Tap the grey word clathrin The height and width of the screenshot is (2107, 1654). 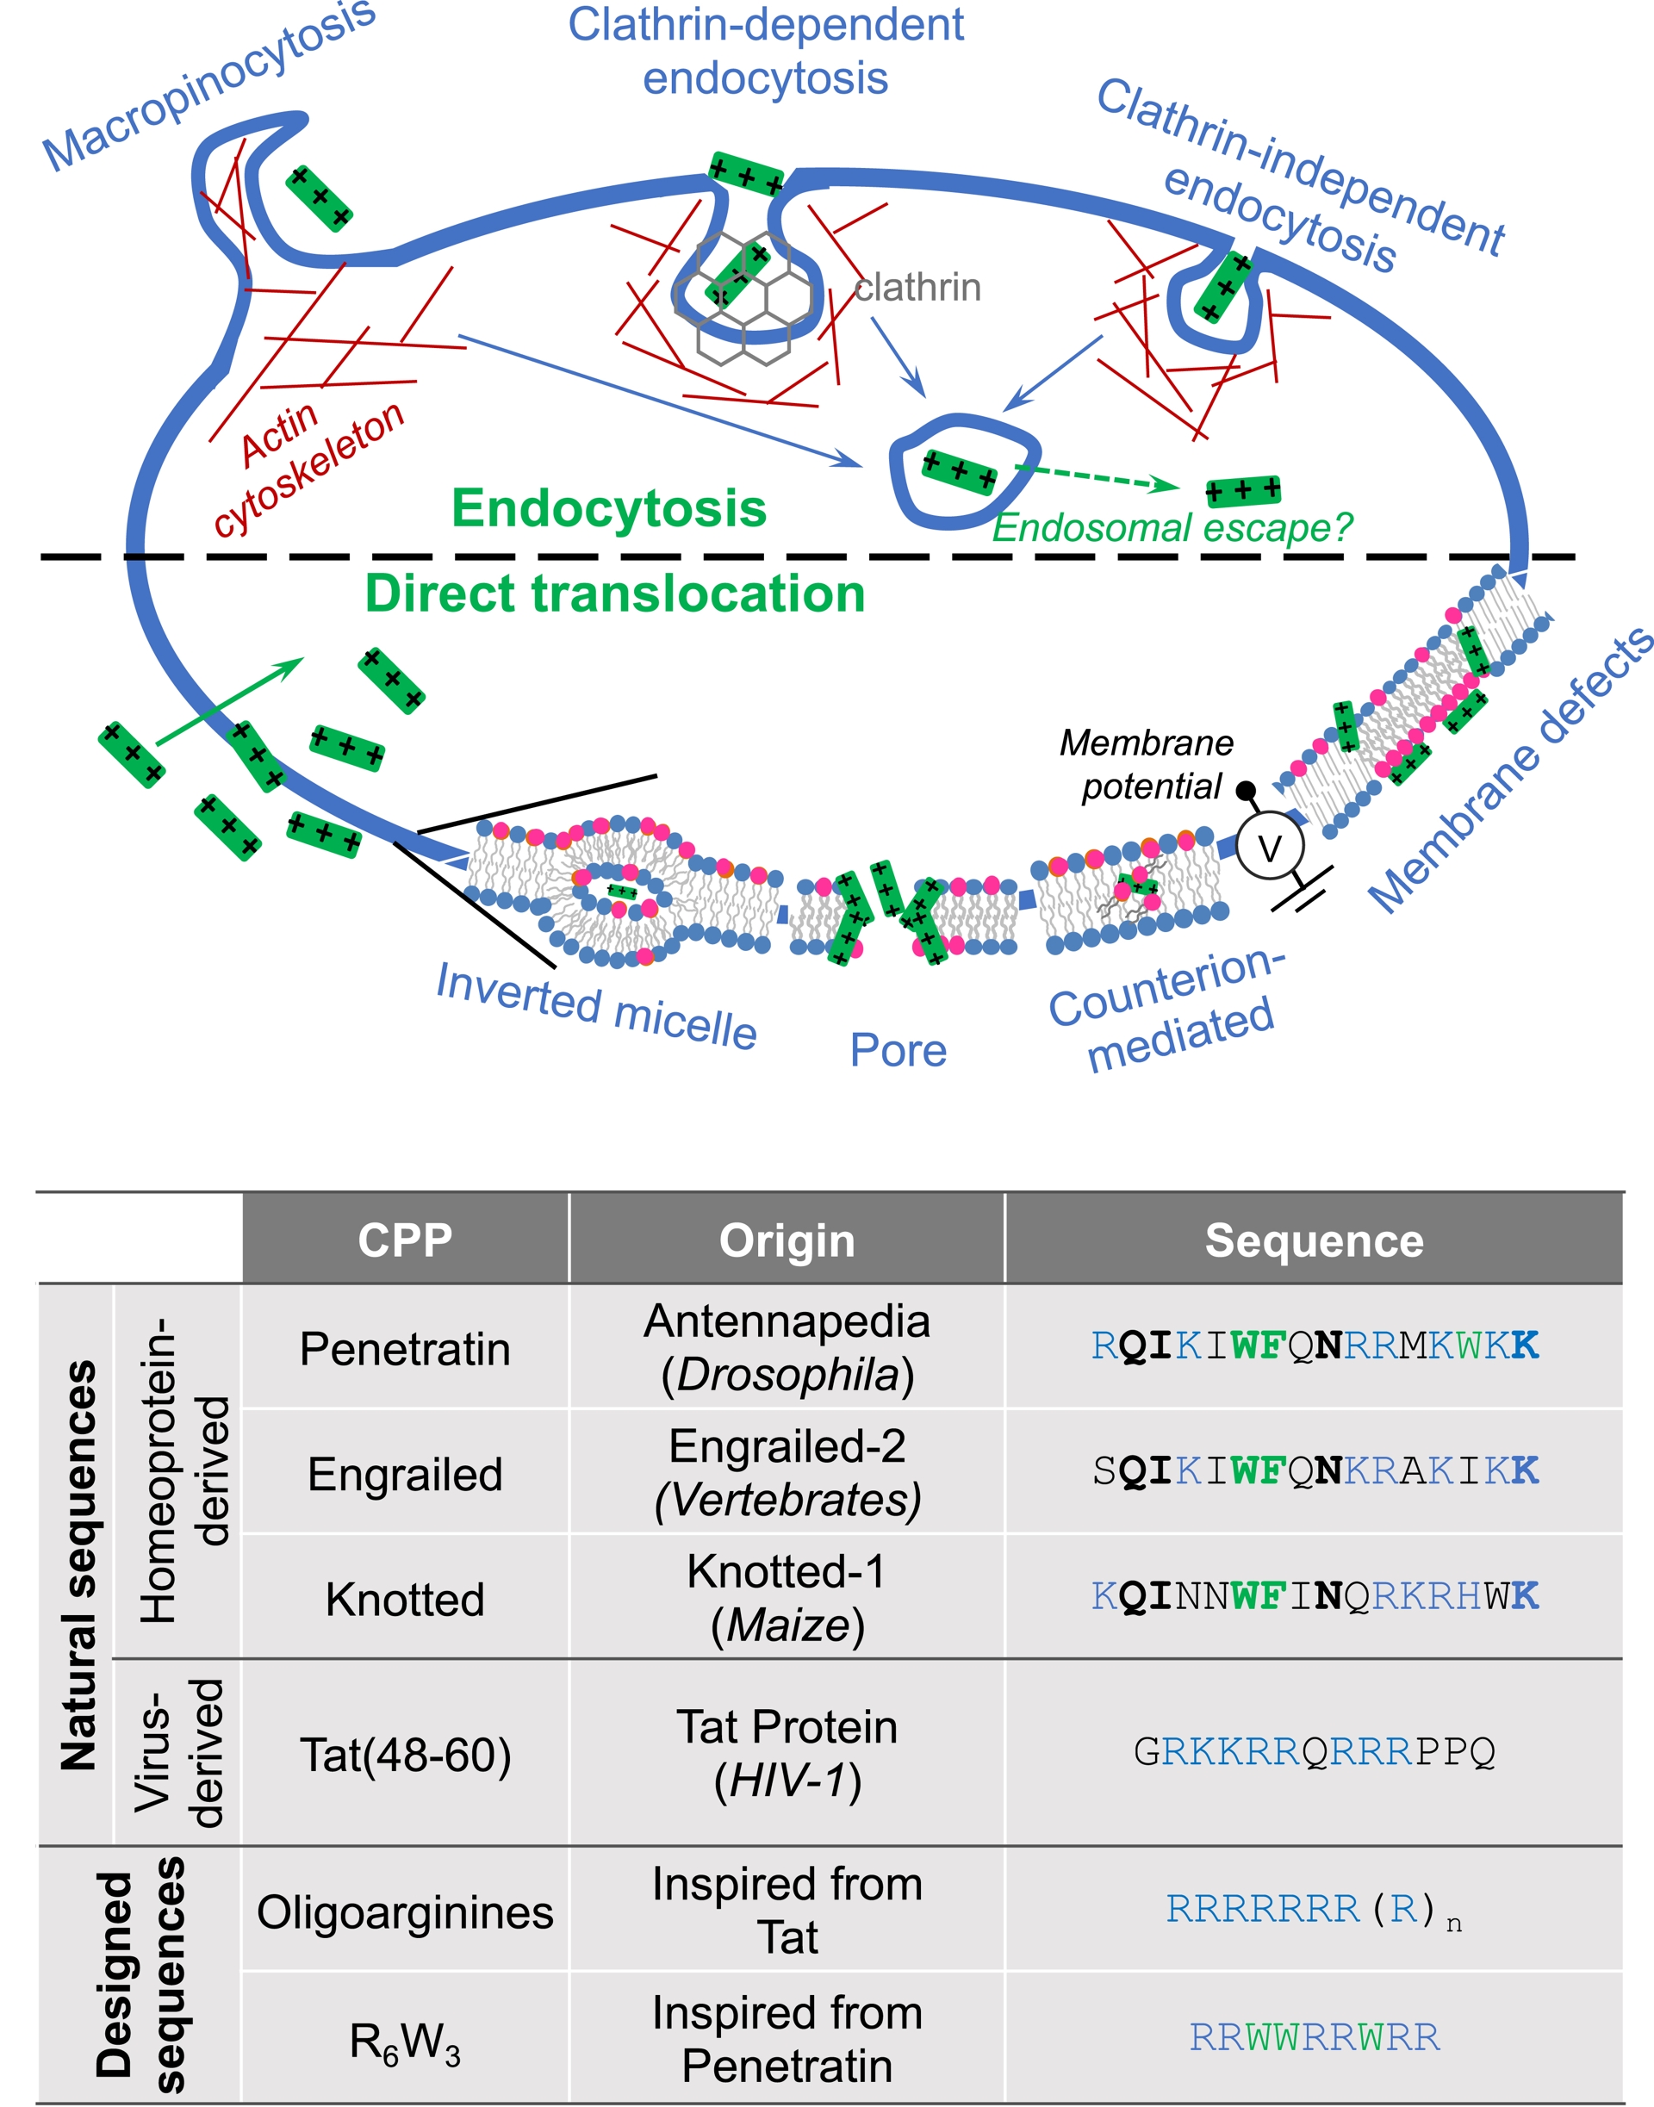[x=917, y=288]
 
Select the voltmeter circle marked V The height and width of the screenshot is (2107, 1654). [x=1270, y=848]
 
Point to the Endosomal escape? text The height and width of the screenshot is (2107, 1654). [x=1172, y=528]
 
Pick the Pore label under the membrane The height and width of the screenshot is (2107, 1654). [x=898, y=1051]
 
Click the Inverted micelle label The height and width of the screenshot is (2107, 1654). [x=595, y=1007]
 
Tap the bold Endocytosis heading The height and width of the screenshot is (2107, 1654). [x=608, y=508]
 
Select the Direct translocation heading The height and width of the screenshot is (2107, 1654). [x=615, y=594]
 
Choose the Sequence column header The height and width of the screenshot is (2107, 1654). [x=1313, y=1240]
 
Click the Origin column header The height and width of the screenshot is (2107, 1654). [x=787, y=1240]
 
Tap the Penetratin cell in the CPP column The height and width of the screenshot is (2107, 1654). [x=405, y=1348]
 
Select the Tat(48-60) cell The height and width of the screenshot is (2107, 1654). [x=405, y=1755]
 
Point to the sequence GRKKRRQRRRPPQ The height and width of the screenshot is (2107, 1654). [x=1314, y=1751]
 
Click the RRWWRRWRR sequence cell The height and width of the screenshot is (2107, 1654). [x=1314, y=2037]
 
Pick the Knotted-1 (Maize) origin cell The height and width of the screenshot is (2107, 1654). [x=787, y=1598]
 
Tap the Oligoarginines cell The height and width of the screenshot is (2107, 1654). [x=405, y=1912]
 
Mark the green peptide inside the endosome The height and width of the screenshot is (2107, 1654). [x=959, y=471]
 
